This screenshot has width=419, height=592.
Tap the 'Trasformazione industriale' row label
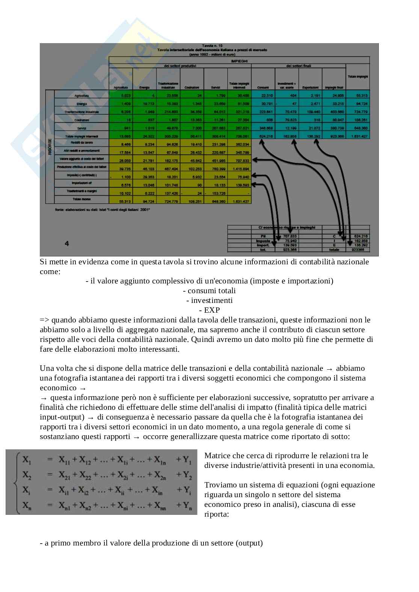[x=82, y=112]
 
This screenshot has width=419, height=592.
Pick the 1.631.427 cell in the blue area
[x=357, y=136]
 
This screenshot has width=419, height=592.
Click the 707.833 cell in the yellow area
[x=239, y=160]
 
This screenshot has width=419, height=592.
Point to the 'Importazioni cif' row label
[x=82, y=183]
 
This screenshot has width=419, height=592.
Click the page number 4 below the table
[x=66, y=244]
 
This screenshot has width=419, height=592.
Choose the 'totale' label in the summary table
[x=334, y=249]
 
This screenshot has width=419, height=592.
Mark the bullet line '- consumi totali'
[x=209, y=291]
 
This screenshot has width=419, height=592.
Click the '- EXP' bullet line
[x=209, y=310]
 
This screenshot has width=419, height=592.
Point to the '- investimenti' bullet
[x=209, y=300]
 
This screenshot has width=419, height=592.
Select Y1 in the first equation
[x=188, y=461]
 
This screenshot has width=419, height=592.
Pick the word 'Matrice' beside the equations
[x=216, y=456]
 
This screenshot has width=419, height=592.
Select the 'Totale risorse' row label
[x=82, y=199]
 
